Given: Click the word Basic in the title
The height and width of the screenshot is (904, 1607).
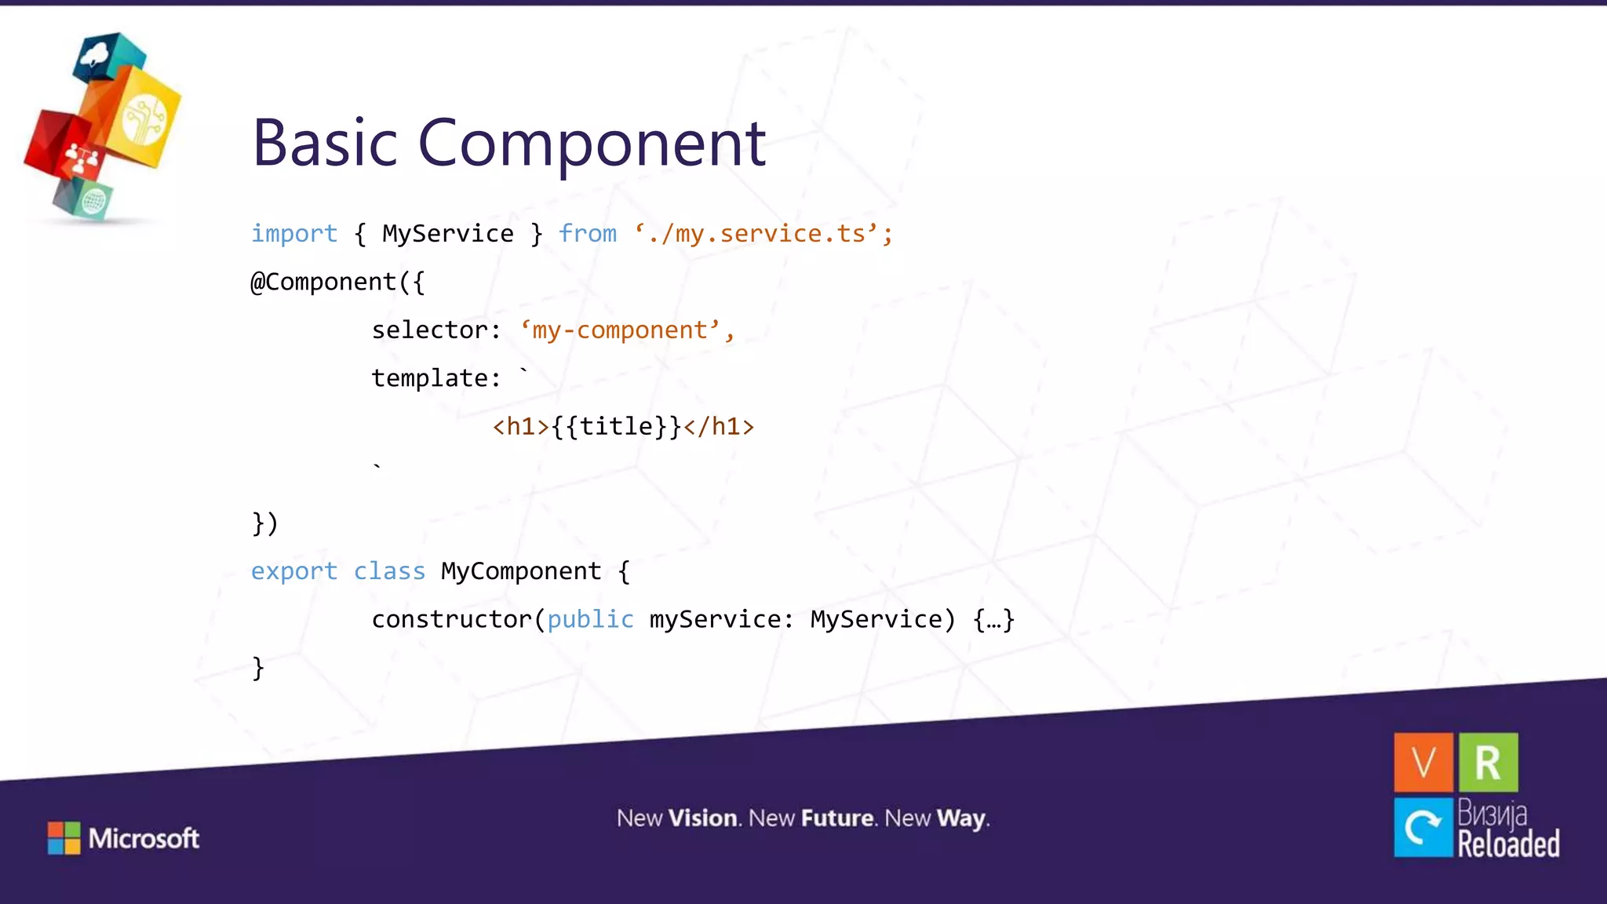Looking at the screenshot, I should click(x=325, y=143).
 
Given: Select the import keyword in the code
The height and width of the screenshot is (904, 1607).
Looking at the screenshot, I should click(x=293, y=234).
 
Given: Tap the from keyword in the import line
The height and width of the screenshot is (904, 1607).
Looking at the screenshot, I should click(x=587, y=234).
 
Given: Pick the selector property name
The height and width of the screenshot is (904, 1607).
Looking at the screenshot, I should click(x=429, y=330).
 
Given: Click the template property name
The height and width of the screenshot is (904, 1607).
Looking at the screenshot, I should click(x=429, y=379).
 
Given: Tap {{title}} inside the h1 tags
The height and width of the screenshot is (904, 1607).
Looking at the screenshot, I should click(x=616, y=427).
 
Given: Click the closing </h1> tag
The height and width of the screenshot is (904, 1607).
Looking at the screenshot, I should click(x=719, y=427).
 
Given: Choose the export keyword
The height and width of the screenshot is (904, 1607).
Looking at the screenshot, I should click(x=293, y=571).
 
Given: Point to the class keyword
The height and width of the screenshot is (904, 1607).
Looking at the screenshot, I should click(x=389, y=571).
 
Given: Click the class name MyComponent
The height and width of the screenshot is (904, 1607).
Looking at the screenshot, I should click(x=521, y=571).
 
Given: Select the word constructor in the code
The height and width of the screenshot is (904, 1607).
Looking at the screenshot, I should click(x=451, y=620).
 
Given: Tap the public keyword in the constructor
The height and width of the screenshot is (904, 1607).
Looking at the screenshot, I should click(x=590, y=620).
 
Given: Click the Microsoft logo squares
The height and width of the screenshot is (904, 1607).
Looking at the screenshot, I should click(x=64, y=838).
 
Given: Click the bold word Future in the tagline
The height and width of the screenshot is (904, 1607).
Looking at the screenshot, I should click(x=837, y=818).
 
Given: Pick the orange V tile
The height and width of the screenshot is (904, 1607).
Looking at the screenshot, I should click(x=1423, y=762).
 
